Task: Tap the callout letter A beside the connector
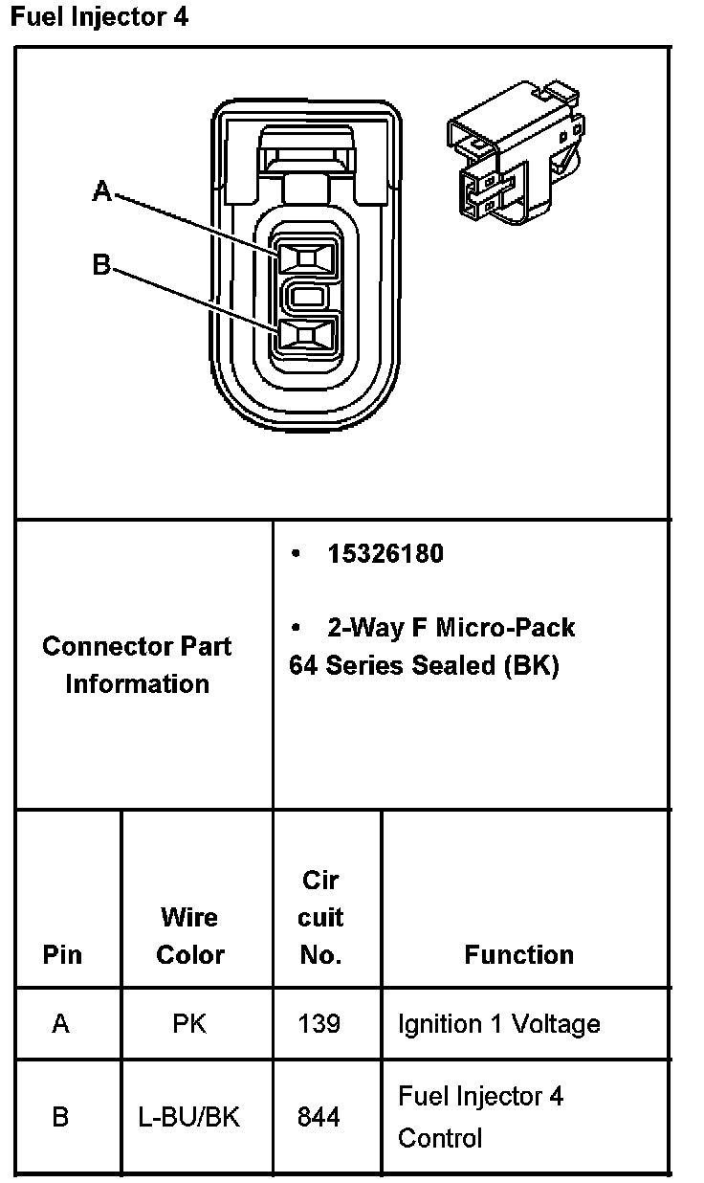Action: click(x=101, y=192)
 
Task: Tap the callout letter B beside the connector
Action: click(x=101, y=263)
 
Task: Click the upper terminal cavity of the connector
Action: click(x=306, y=257)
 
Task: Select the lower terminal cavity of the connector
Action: click(x=306, y=335)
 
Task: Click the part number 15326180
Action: click(x=385, y=554)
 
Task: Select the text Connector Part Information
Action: click(x=137, y=664)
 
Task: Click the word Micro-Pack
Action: click(x=505, y=628)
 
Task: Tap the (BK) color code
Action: click(x=531, y=665)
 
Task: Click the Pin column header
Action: click(x=62, y=954)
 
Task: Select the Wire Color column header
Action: click(x=189, y=936)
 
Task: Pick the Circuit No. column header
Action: click(x=320, y=917)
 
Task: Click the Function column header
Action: click(x=518, y=954)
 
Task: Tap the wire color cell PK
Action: click(x=189, y=1024)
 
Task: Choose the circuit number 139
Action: click(x=319, y=1024)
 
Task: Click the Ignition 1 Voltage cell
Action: click(x=498, y=1024)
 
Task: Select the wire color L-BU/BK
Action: click(x=189, y=1117)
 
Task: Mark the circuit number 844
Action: click(x=319, y=1117)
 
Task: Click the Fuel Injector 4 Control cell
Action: click(x=480, y=1117)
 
